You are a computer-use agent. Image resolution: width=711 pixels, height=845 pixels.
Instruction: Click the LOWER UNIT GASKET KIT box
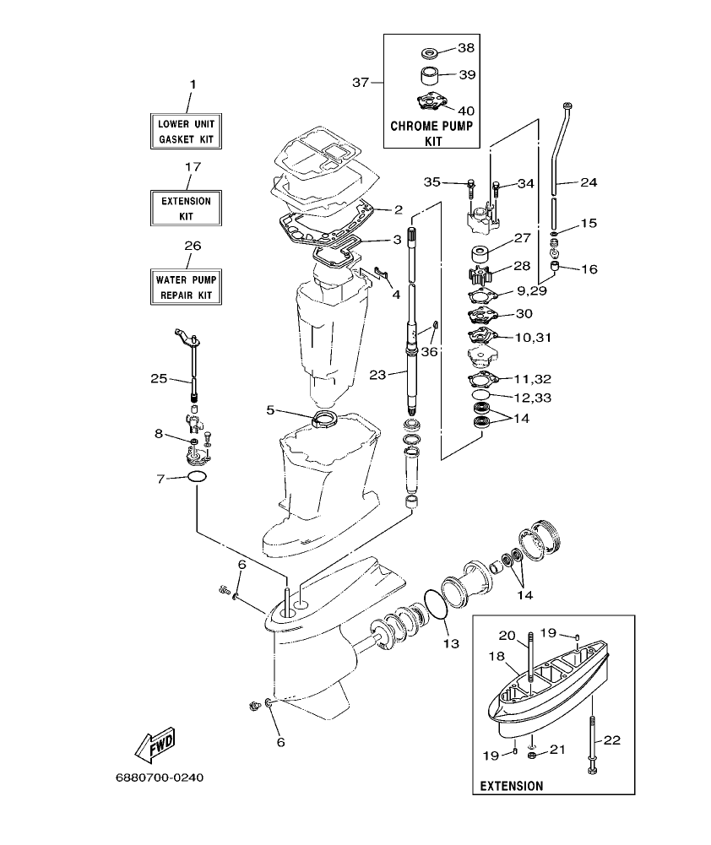coord(187,130)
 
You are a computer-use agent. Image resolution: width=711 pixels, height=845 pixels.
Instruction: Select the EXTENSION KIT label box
coord(187,209)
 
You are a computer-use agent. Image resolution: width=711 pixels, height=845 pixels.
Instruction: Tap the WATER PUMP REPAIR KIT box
coord(187,288)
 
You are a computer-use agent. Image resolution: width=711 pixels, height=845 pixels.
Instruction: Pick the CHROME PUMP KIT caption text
coord(431,133)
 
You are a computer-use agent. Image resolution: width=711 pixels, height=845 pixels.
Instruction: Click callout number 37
coord(361,82)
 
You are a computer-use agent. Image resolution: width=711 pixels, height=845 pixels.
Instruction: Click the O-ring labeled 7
coord(197,478)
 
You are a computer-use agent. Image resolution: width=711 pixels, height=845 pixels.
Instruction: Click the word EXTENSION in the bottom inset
coord(511,785)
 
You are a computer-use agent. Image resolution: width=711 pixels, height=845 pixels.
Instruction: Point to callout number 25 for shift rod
coord(159,378)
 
